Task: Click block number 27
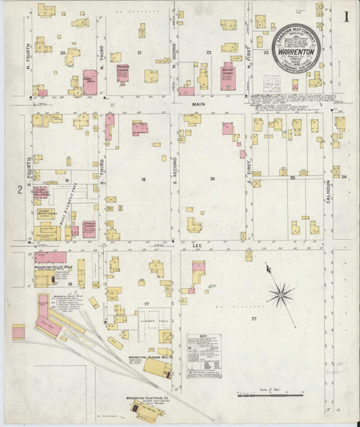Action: tap(253, 318)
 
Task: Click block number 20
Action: tap(63, 53)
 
